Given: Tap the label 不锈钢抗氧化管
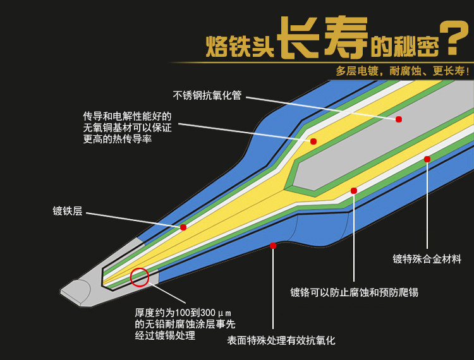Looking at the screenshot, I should [207, 96].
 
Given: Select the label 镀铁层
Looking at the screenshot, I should [68, 212].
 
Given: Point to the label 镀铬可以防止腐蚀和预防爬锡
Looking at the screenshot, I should [354, 292].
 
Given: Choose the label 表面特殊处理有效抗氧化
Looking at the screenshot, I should [281, 340].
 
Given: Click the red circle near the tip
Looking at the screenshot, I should [139, 277].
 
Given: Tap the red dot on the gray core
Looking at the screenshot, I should [399, 119].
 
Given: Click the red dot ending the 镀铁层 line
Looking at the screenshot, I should [183, 227].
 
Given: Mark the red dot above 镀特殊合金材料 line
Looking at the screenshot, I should [427, 159].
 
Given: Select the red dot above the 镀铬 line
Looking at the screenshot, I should [354, 190].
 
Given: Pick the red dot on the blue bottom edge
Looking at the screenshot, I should [273, 245].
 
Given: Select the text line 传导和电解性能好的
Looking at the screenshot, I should [127, 117].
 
